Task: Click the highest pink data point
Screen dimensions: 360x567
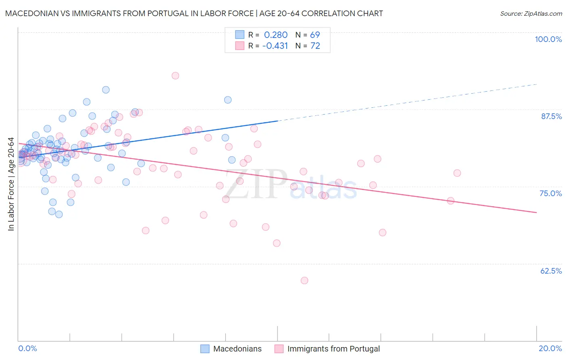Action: point(175,75)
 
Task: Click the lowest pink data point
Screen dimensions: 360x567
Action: point(304,280)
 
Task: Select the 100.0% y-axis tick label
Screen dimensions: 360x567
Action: point(548,39)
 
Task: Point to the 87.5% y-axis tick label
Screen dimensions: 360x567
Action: point(551,116)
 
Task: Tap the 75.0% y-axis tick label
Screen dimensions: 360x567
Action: point(550,193)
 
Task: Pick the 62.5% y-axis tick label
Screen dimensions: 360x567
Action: point(551,271)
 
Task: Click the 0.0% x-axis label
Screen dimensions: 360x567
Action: point(27,348)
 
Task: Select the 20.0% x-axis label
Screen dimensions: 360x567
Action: point(550,348)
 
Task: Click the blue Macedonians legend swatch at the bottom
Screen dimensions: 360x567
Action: point(205,349)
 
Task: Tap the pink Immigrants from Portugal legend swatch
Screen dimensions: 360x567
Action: point(279,349)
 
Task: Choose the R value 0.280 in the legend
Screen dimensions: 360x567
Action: point(276,35)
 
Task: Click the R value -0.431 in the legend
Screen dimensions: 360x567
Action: point(275,46)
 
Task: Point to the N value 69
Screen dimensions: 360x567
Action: point(315,35)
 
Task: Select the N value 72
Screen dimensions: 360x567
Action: point(315,46)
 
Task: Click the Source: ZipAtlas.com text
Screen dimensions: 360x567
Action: point(531,14)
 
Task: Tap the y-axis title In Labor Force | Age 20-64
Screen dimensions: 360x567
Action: point(11,184)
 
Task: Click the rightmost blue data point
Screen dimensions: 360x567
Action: point(232,160)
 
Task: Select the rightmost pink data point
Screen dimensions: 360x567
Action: point(457,173)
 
